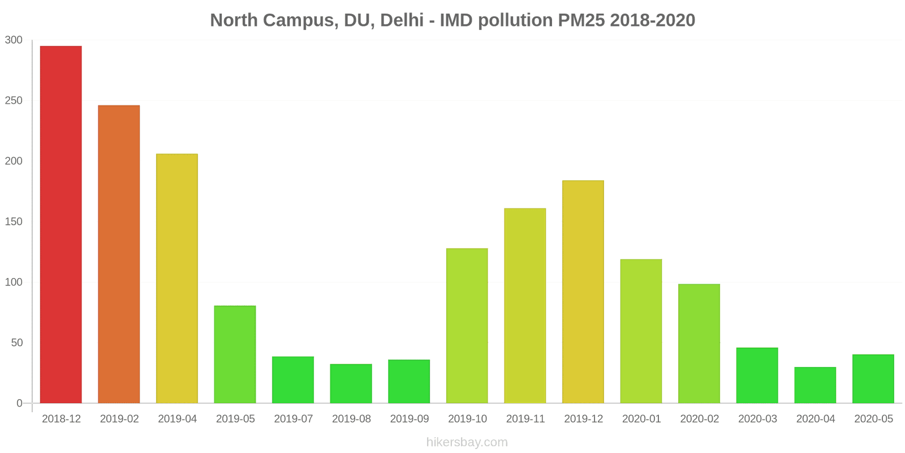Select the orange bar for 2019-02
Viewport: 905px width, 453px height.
point(119,254)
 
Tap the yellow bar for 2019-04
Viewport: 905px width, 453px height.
point(177,278)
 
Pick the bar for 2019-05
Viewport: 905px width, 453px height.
point(235,354)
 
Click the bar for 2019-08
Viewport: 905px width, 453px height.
point(351,383)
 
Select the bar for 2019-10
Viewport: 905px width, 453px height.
point(467,326)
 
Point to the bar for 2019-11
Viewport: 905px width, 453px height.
point(525,306)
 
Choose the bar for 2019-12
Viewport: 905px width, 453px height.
point(583,292)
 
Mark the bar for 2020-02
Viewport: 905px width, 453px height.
point(699,343)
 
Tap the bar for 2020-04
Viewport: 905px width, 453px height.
point(815,385)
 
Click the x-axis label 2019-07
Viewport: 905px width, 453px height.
point(294,419)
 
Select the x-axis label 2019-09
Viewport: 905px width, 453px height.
point(410,419)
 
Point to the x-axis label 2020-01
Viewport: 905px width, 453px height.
point(641,419)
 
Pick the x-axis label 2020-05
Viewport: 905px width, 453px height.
point(873,419)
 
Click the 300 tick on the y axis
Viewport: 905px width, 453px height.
point(14,40)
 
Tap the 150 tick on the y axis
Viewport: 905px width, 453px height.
point(14,222)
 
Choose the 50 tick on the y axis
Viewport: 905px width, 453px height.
point(16,343)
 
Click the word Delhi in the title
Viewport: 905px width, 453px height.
point(402,20)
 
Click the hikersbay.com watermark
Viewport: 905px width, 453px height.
point(467,442)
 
